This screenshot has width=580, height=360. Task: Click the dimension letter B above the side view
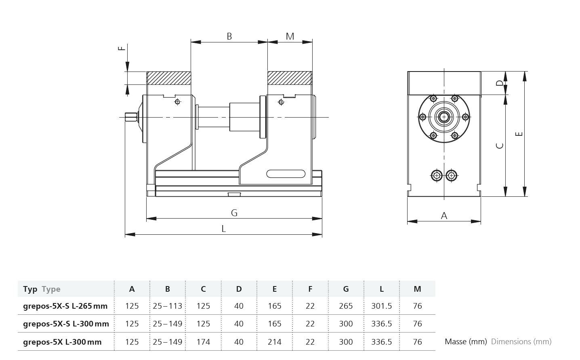click(x=229, y=36)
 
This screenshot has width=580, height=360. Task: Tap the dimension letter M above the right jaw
click(x=290, y=36)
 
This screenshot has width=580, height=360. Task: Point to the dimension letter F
click(x=122, y=48)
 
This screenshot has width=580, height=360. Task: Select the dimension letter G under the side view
click(x=234, y=213)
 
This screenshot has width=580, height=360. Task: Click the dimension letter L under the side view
click(x=223, y=229)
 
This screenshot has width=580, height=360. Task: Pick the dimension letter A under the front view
click(x=444, y=216)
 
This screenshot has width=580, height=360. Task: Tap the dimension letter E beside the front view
click(x=520, y=134)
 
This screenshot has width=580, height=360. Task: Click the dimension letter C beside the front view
click(x=500, y=145)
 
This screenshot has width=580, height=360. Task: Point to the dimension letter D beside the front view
click(x=500, y=83)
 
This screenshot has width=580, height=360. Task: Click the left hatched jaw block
click(x=169, y=78)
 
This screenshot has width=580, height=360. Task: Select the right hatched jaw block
click(x=290, y=78)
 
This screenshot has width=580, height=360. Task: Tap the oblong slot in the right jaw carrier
click(x=286, y=174)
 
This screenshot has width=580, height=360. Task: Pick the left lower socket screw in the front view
click(x=437, y=175)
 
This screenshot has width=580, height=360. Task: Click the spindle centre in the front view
click(x=444, y=117)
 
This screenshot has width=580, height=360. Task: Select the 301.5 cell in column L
click(x=381, y=306)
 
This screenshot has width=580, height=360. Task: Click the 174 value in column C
click(x=203, y=342)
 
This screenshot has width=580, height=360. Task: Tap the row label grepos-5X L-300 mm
click(x=62, y=342)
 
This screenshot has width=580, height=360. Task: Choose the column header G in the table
click(x=346, y=289)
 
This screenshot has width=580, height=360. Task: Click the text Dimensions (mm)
click(x=521, y=341)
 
